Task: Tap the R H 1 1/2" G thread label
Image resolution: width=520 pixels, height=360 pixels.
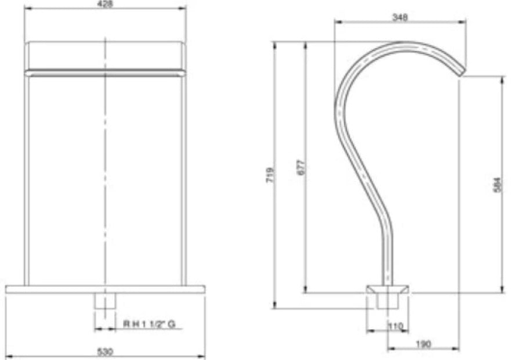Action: tap(149, 325)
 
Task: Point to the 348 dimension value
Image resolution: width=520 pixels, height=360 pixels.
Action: tap(400, 17)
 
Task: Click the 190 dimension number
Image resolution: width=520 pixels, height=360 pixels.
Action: tap(424, 344)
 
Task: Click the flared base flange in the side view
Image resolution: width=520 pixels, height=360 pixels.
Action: tap(387, 289)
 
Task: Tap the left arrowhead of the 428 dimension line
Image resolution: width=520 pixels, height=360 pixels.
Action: tap(27, 8)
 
